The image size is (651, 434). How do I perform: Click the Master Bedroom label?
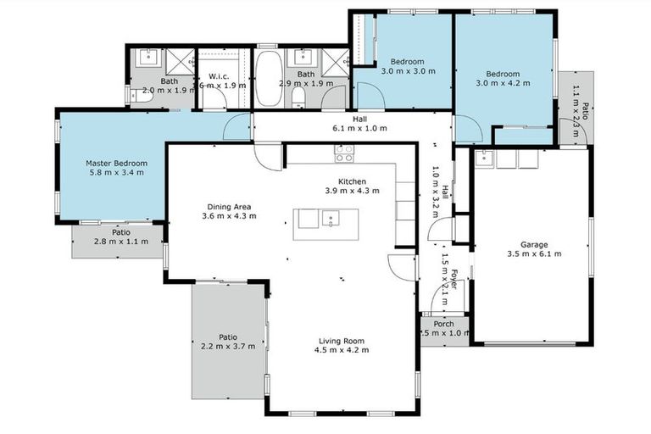tap(116, 163)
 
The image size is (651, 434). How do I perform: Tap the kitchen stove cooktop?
tap(344, 153)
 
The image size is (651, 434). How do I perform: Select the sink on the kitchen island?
tap(331, 219)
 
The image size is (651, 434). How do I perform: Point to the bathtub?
tap(270, 78)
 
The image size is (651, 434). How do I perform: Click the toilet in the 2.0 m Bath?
tap(144, 97)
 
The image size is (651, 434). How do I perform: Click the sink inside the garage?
tap(484, 157)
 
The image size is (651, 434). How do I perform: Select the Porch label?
tap(443, 324)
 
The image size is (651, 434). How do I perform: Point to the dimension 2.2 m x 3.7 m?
tap(227, 348)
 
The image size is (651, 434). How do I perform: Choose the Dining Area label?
tap(230, 206)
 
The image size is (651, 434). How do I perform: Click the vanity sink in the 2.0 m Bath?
tap(149, 57)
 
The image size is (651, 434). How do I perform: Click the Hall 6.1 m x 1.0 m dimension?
tap(359, 129)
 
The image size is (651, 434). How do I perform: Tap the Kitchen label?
tap(352, 181)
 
